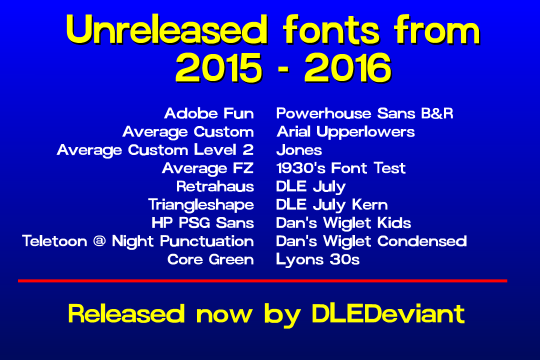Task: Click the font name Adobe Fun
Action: (x=209, y=113)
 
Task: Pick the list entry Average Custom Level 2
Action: (x=155, y=150)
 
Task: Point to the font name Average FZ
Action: (x=207, y=168)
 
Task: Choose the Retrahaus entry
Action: (x=215, y=187)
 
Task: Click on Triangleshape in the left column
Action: (x=201, y=205)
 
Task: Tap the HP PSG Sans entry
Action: (x=202, y=223)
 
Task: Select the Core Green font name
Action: (x=210, y=260)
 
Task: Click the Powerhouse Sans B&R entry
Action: (x=364, y=113)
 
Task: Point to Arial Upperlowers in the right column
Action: (x=345, y=132)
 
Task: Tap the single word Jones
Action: (x=299, y=150)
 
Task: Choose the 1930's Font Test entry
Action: (x=340, y=168)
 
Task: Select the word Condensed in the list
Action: (x=422, y=241)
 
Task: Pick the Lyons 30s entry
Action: (x=317, y=260)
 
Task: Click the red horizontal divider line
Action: (x=262, y=281)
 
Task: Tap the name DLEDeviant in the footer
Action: (x=388, y=314)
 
